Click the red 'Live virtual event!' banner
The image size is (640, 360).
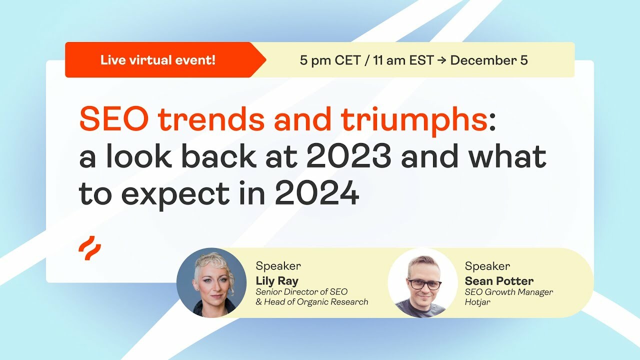(x=158, y=60)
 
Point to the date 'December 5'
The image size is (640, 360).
(x=489, y=61)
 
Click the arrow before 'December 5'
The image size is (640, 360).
(x=442, y=61)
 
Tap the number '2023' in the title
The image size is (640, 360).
(x=348, y=157)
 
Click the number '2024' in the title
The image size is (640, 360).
(x=316, y=193)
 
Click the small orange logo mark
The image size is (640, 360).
(x=89, y=248)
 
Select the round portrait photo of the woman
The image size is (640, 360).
(x=211, y=282)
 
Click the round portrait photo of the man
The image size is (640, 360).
(x=423, y=282)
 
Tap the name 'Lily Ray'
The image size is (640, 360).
(x=276, y=280)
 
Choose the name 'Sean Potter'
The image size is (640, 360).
(x=498, y=280)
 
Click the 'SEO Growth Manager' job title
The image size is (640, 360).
(x=508, y=292)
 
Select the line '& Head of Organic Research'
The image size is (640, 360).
(x=311, y=302)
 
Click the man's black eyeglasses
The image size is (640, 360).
(x=424, y=284)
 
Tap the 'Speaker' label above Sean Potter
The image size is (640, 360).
(x=487, y=266)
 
